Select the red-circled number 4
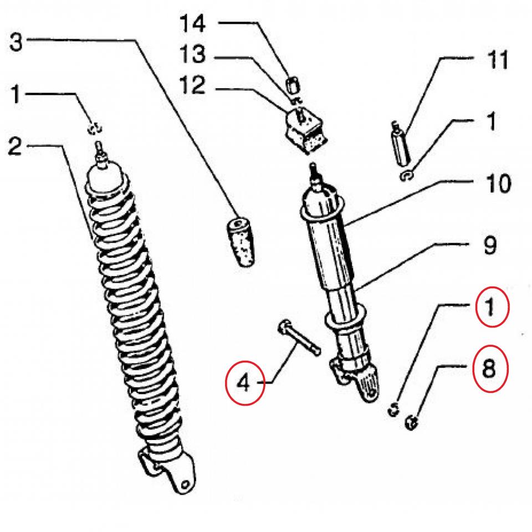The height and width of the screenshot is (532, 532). [244, 382]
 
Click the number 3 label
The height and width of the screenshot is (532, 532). [17, 42]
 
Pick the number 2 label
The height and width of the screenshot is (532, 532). [16, 147]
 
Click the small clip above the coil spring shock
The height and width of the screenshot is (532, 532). [94, 129]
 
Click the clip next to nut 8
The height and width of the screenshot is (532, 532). [393, 410]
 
